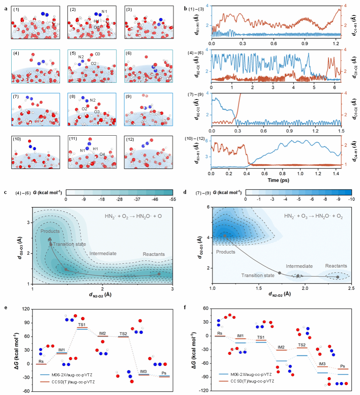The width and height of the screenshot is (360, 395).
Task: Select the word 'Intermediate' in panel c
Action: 103,253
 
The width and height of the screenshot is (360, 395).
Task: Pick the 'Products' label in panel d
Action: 225,251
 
